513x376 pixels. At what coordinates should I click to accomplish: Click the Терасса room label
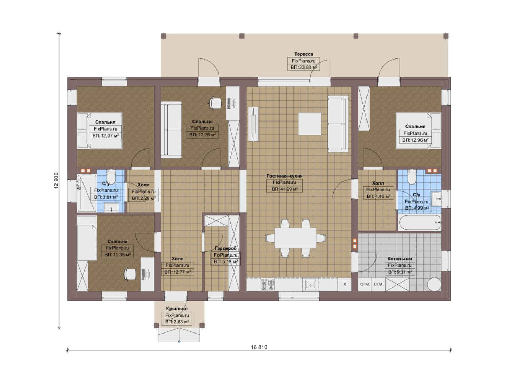click(303, 54)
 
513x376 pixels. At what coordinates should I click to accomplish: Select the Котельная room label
click(400, 258)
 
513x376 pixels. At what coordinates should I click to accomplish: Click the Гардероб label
click(226, 248)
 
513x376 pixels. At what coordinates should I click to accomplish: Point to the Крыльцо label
click(177, 309)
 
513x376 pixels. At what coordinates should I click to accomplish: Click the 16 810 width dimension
click(259, 347)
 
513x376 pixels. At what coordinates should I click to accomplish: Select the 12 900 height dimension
click(56, 181)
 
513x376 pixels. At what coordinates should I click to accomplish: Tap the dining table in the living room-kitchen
click(296, 237)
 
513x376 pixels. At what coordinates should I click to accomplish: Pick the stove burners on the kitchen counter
click(268, 285)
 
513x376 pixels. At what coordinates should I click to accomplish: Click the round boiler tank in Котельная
click(434, 284)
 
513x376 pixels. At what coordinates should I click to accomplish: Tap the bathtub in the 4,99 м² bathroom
click(419, 222)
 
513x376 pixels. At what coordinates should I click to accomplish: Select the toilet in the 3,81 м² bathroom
click(111, 176)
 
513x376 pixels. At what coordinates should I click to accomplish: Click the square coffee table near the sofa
click(309, 124)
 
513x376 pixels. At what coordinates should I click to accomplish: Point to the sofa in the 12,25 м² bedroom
click(171, 130)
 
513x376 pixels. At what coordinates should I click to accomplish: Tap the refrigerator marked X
click(345, 284)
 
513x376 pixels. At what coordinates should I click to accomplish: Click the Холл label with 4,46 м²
click(378, 183)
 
